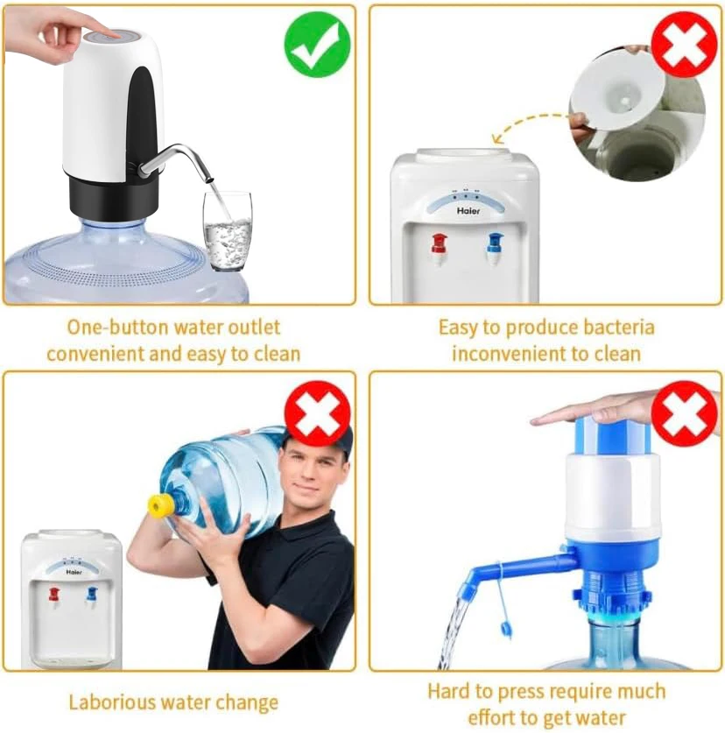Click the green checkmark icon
(x=317, y=45)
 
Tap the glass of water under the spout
(x=227, y=231)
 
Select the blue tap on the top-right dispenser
(x=496, y=244)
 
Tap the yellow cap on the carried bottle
(x=160, y=505)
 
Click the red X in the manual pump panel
(x=684, y=412)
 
